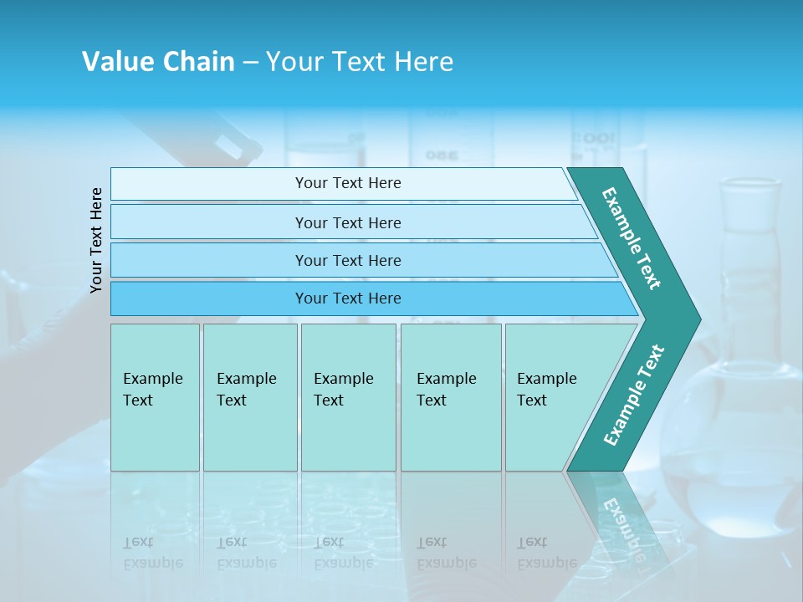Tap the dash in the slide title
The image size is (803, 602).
click(250, 63)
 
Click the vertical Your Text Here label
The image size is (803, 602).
click(96, 240)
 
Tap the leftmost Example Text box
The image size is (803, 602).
click(155, 397)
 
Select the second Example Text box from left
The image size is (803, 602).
click(249, 397)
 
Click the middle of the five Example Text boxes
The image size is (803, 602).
click(348, 397)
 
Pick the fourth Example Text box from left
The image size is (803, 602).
click(450, 397)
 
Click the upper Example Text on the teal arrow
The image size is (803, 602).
click(632, 238)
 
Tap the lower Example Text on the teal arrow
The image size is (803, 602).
click(633, 395)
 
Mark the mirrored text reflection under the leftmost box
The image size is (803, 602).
click(152, 552)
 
